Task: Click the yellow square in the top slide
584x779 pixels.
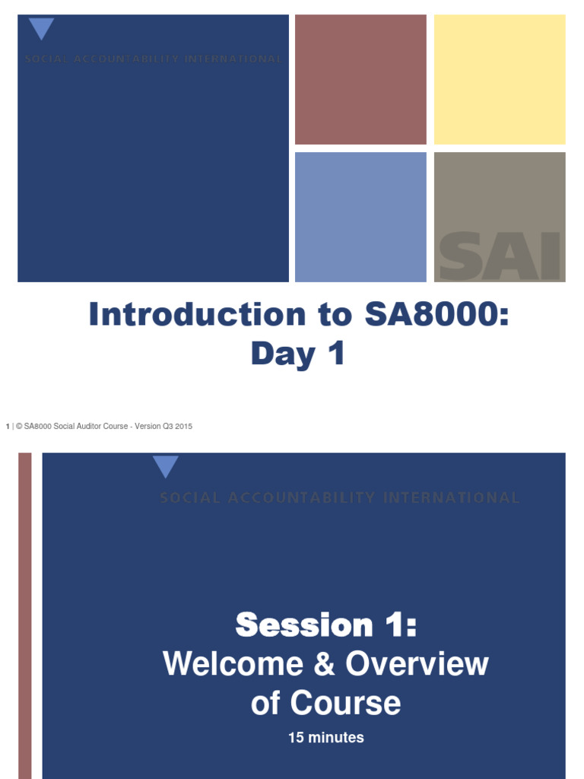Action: pyautogui.click(x=500, y=79)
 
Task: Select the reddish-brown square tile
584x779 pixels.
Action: pyautogui.click(x=360, y=79)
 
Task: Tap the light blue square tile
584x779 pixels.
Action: pyautogui.click(x=360, y=217)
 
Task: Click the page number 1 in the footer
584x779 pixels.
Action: pyautogui.click(x=8, y=427)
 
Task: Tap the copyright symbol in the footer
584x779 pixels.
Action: pyautogui.click(x=19, y=427)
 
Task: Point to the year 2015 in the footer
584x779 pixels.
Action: pyautogui.click(x=183, y=427)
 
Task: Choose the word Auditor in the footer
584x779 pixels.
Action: pyautogui.click(x=92, y=427)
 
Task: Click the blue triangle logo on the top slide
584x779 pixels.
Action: pyautogui.click(x=41, y=29)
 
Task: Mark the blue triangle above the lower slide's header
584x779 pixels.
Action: pyautogui.click(x=165, y=466)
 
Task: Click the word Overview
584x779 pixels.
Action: pyautogui.click(x=417, y=664)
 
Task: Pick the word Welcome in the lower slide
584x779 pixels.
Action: pyautogui.click(x=233, y=664)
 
